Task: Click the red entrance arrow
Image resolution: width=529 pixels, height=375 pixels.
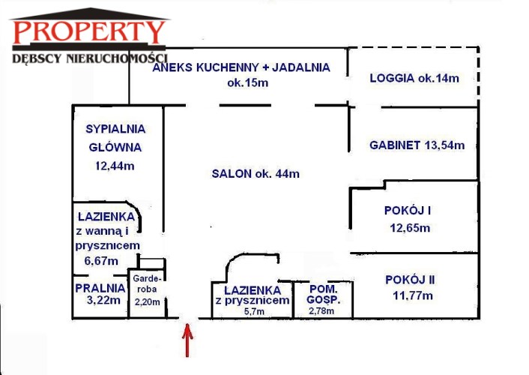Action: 187,340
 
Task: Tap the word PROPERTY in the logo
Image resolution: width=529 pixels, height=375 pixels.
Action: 89,32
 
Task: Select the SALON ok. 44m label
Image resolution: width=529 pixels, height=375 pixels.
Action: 256,174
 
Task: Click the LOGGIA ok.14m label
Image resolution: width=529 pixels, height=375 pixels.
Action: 414,79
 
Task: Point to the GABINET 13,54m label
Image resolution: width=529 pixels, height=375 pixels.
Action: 417,145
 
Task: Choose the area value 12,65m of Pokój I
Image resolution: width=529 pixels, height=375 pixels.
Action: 410,228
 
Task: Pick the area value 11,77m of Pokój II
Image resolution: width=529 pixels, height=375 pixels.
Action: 413,296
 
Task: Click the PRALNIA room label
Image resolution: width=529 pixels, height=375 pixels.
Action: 100,288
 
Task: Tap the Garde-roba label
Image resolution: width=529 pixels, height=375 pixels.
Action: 148,284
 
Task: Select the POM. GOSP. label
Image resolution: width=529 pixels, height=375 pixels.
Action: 323,294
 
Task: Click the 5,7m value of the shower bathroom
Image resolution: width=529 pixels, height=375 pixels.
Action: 254,311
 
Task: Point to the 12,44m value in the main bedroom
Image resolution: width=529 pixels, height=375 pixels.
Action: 115,166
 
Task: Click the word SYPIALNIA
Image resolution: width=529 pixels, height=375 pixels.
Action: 115,129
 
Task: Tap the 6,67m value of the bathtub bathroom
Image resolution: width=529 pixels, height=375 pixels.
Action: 101,261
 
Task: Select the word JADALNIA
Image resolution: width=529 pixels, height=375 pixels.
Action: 301,67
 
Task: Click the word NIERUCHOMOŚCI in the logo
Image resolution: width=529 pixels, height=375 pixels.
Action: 117,58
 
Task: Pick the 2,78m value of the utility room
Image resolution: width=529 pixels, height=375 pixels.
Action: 321,310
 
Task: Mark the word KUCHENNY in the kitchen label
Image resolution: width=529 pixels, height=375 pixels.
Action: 227,67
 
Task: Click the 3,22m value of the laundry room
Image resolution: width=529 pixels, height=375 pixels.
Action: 103,300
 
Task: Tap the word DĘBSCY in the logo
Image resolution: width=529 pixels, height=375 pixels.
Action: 37,58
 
